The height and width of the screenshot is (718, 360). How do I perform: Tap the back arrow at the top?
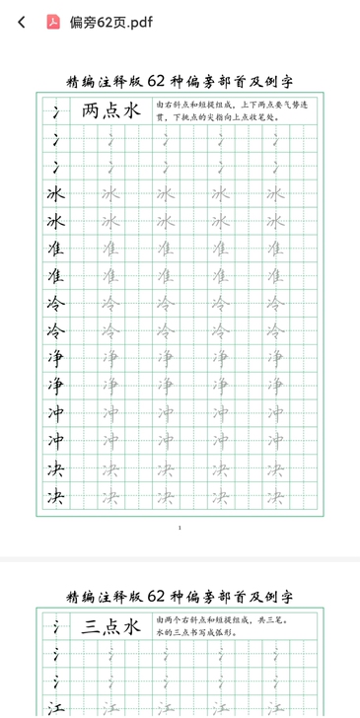tap(21, 22)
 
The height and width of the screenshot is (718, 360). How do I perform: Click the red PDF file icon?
tap(53, 22)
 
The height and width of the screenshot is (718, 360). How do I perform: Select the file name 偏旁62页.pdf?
tap(111, 22)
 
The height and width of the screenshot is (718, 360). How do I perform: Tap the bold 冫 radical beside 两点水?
tap(55, 111)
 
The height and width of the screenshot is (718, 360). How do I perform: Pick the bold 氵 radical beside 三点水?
tap(55, 625)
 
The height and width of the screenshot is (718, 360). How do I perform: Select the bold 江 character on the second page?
tap(55, 706)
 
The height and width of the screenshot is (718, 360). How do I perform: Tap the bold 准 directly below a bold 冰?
tap(55, 249)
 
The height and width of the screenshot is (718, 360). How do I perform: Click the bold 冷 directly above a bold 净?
tap(55, 330)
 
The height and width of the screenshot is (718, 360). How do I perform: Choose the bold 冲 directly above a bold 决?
tap(55, 440)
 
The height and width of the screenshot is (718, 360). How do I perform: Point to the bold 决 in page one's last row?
tap(55, 495)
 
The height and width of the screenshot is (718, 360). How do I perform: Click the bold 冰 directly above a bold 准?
tap(55, 221)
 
